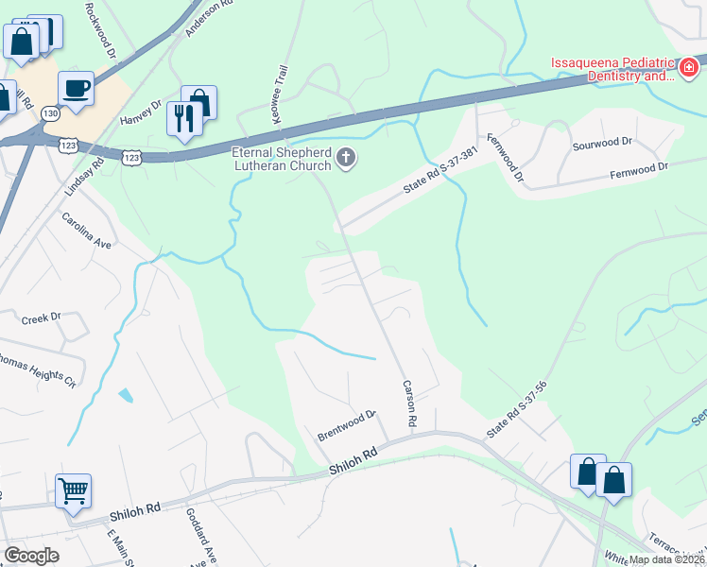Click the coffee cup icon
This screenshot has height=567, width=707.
(x=76, y=89)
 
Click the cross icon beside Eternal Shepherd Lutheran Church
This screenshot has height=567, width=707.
(x=346, y=158)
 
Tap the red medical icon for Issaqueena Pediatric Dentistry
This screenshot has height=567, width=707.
(x=689, y=68)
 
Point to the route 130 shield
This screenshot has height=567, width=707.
(x=50, y=113)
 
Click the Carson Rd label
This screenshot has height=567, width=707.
(x=410, y=402)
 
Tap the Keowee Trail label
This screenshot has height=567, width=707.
(x=280, y=91)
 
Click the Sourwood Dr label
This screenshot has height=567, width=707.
(x=601, y=142)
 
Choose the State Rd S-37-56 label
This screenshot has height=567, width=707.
(x=517, y=409)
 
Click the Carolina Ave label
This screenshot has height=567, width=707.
(x=87, y=230)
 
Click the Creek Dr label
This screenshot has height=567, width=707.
(x=40, y=318)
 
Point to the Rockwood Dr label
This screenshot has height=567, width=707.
(x=103, y=34)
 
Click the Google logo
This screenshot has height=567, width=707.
(x=32, y=556)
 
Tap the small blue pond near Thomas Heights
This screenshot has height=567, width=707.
(x=126, y=394)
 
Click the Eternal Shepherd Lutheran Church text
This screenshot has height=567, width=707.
(x=283, y=158)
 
